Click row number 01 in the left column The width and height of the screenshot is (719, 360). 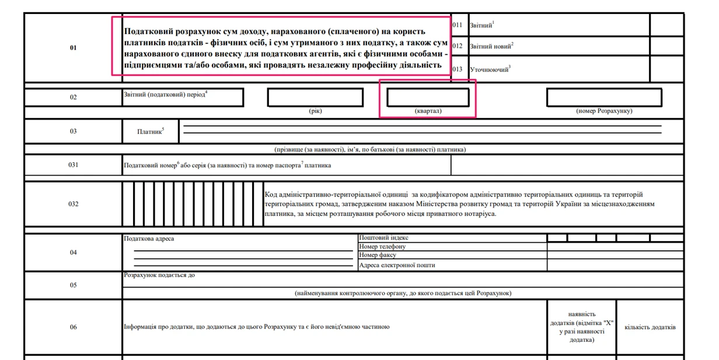73,48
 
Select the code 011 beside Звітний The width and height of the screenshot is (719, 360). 457,25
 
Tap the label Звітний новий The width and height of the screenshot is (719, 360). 491,46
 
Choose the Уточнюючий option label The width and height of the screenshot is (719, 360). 489,69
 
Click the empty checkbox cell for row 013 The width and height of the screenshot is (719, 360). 666,69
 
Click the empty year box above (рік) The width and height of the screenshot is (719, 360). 315,97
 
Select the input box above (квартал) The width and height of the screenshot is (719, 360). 428,97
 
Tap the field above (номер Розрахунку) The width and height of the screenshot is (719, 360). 603,97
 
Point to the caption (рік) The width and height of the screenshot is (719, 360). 315,111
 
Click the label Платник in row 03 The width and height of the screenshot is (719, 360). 150,131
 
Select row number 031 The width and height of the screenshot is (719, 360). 73,165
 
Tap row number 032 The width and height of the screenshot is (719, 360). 73,204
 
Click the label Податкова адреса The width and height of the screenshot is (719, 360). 149,239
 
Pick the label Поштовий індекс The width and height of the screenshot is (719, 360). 383,238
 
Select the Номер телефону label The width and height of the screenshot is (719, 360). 382,247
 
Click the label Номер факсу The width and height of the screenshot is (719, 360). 378,255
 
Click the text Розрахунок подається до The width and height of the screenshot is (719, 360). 159,275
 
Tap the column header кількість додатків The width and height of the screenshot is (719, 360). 650,327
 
